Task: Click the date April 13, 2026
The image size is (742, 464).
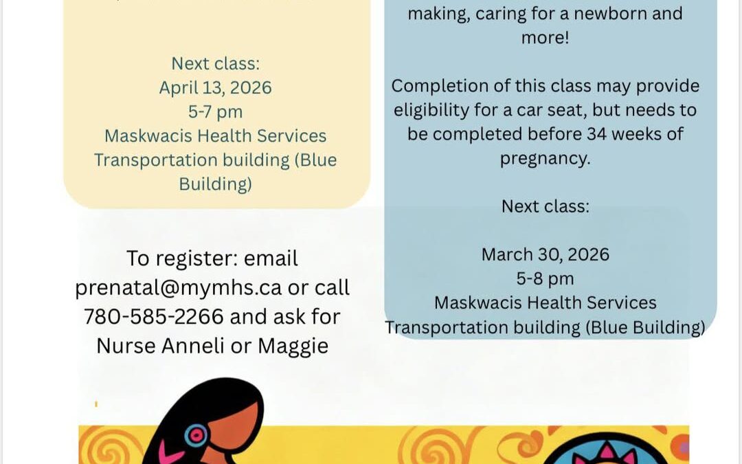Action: (x=215, y=88)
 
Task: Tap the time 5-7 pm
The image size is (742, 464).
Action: (x=215, y=112)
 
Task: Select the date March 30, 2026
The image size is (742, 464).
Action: (x=545, y=255)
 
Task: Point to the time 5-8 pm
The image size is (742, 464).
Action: (x=545, y=279)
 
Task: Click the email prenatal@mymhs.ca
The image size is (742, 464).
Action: (x=179, y=288)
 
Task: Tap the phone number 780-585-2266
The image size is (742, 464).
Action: (x=154, y=317)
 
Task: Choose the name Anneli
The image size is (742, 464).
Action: (x=192, y=346)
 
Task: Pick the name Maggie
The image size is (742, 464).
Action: (x=293, y=346)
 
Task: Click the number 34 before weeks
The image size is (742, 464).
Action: (x=597, y=134)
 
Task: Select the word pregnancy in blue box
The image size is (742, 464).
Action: (x=545, y=159)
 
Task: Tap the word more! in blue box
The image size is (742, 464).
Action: (x=545, y=37)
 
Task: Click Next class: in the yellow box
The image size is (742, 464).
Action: (x=215, y=63)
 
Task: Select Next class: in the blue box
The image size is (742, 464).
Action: (x=545, y=206)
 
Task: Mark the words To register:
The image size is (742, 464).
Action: (x=182, y=259)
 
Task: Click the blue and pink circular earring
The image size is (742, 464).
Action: (x=196, y=434)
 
